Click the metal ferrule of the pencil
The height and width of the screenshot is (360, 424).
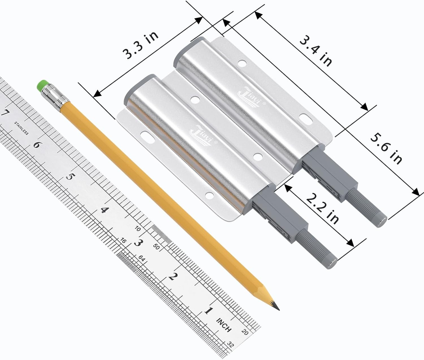[x=55, y=98]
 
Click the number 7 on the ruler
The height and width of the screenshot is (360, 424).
[x=5, y=113]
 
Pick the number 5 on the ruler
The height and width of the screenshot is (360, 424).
[x=70, y=177]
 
